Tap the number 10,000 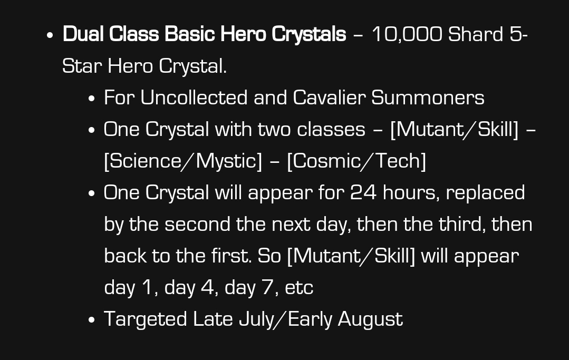coord(407,35)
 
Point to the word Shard coord(476,34)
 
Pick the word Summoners coord(428,98)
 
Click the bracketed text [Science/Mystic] coord(183,161)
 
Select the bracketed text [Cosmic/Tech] coord(356,161)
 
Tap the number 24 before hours coord(363,192)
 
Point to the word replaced coord(485,193)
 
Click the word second coord(197,224)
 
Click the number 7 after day coord(268,288)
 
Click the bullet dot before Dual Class coord(50,35)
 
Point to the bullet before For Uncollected coord(91,99)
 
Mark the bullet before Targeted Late coord(91,320)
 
